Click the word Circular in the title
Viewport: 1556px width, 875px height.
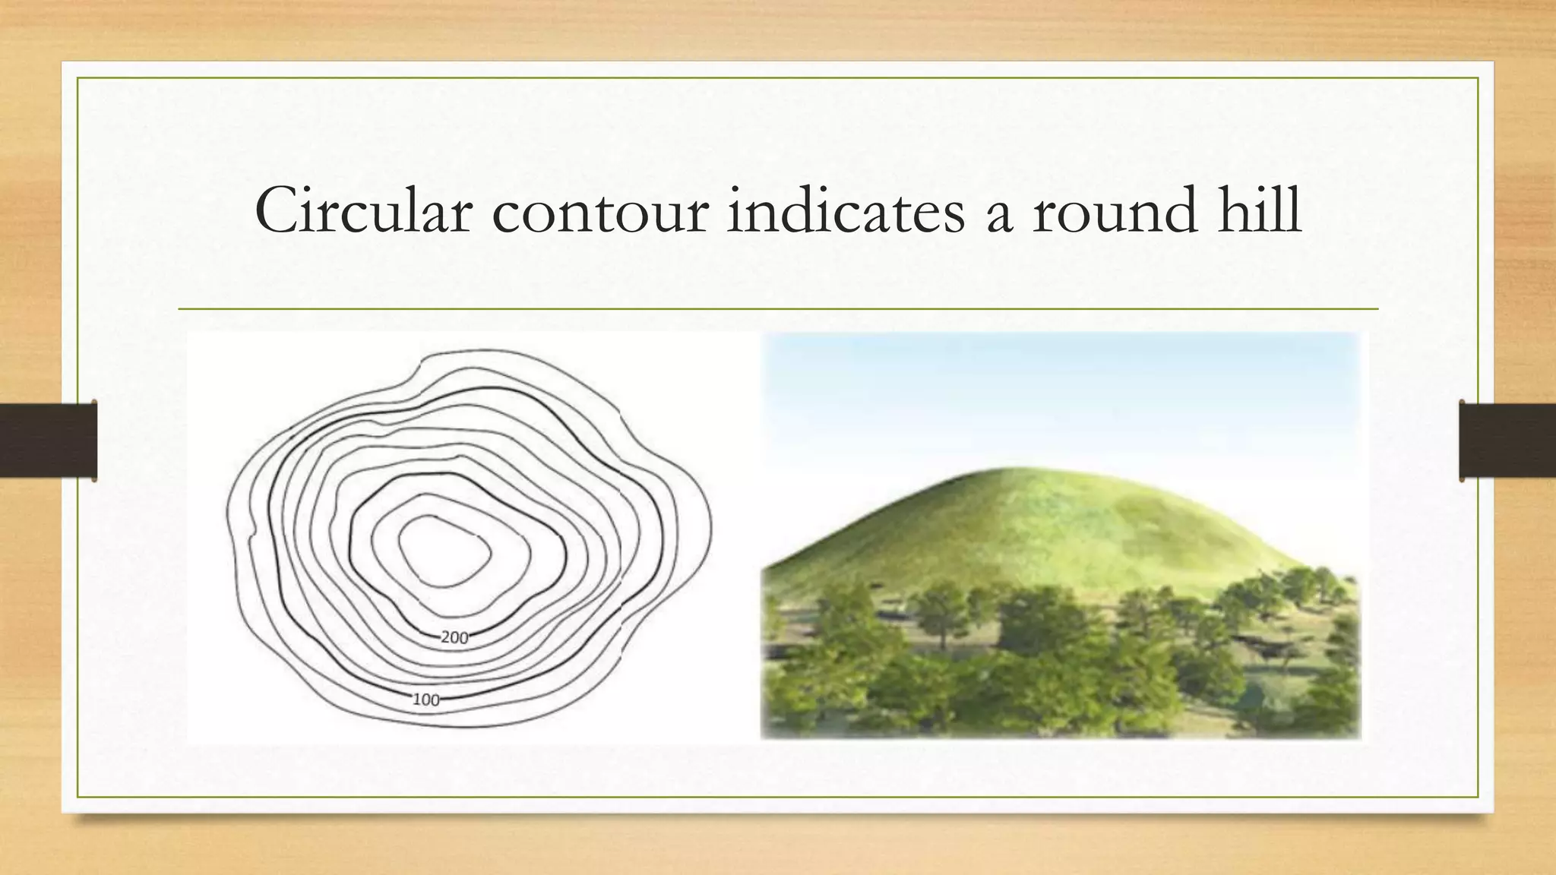click(363, 210)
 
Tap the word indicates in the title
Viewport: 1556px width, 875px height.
click(846, 210)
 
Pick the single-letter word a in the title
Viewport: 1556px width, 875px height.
click(999, 216)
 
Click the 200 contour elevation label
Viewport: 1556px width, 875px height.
click(454, 638)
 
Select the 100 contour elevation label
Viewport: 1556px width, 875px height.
click(425, 700)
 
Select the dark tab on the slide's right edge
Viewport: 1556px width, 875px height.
click(1507, 441)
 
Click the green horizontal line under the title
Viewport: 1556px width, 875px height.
click(778, 309)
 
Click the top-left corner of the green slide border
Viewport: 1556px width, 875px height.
click(77, 78)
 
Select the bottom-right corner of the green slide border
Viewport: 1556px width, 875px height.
click(1478, 797)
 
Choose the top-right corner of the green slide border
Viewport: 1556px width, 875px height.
click(1478, 78)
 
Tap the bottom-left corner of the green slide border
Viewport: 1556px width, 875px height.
click(77, 797)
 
